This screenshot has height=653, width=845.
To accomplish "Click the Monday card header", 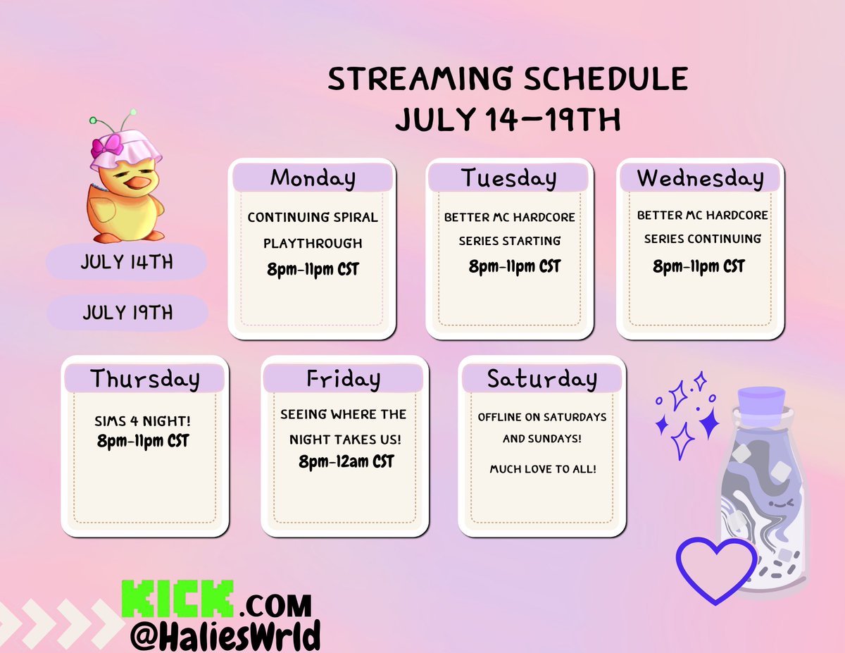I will pos(312,178).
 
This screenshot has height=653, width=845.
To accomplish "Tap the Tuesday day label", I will pos(508,178).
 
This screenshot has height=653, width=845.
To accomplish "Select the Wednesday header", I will pos(700,178).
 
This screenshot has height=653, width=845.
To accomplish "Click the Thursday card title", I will pos(145,379).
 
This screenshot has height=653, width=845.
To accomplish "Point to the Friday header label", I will pos(344,379).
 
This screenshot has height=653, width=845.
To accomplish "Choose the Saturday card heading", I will pos(542,379).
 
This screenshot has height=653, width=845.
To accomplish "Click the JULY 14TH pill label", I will pos(127,263).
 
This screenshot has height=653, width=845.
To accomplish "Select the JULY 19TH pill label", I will pos(127,312).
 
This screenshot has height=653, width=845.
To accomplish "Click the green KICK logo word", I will pos(177,599).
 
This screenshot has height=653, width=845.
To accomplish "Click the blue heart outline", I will pos(716,568).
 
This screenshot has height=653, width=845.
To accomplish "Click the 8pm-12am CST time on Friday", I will pos(346,462).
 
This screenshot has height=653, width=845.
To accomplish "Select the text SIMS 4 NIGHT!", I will pos(142,421).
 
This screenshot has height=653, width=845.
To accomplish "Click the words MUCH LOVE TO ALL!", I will pos(543,468).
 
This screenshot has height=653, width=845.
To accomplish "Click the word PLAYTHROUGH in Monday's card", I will pos(313,243).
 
